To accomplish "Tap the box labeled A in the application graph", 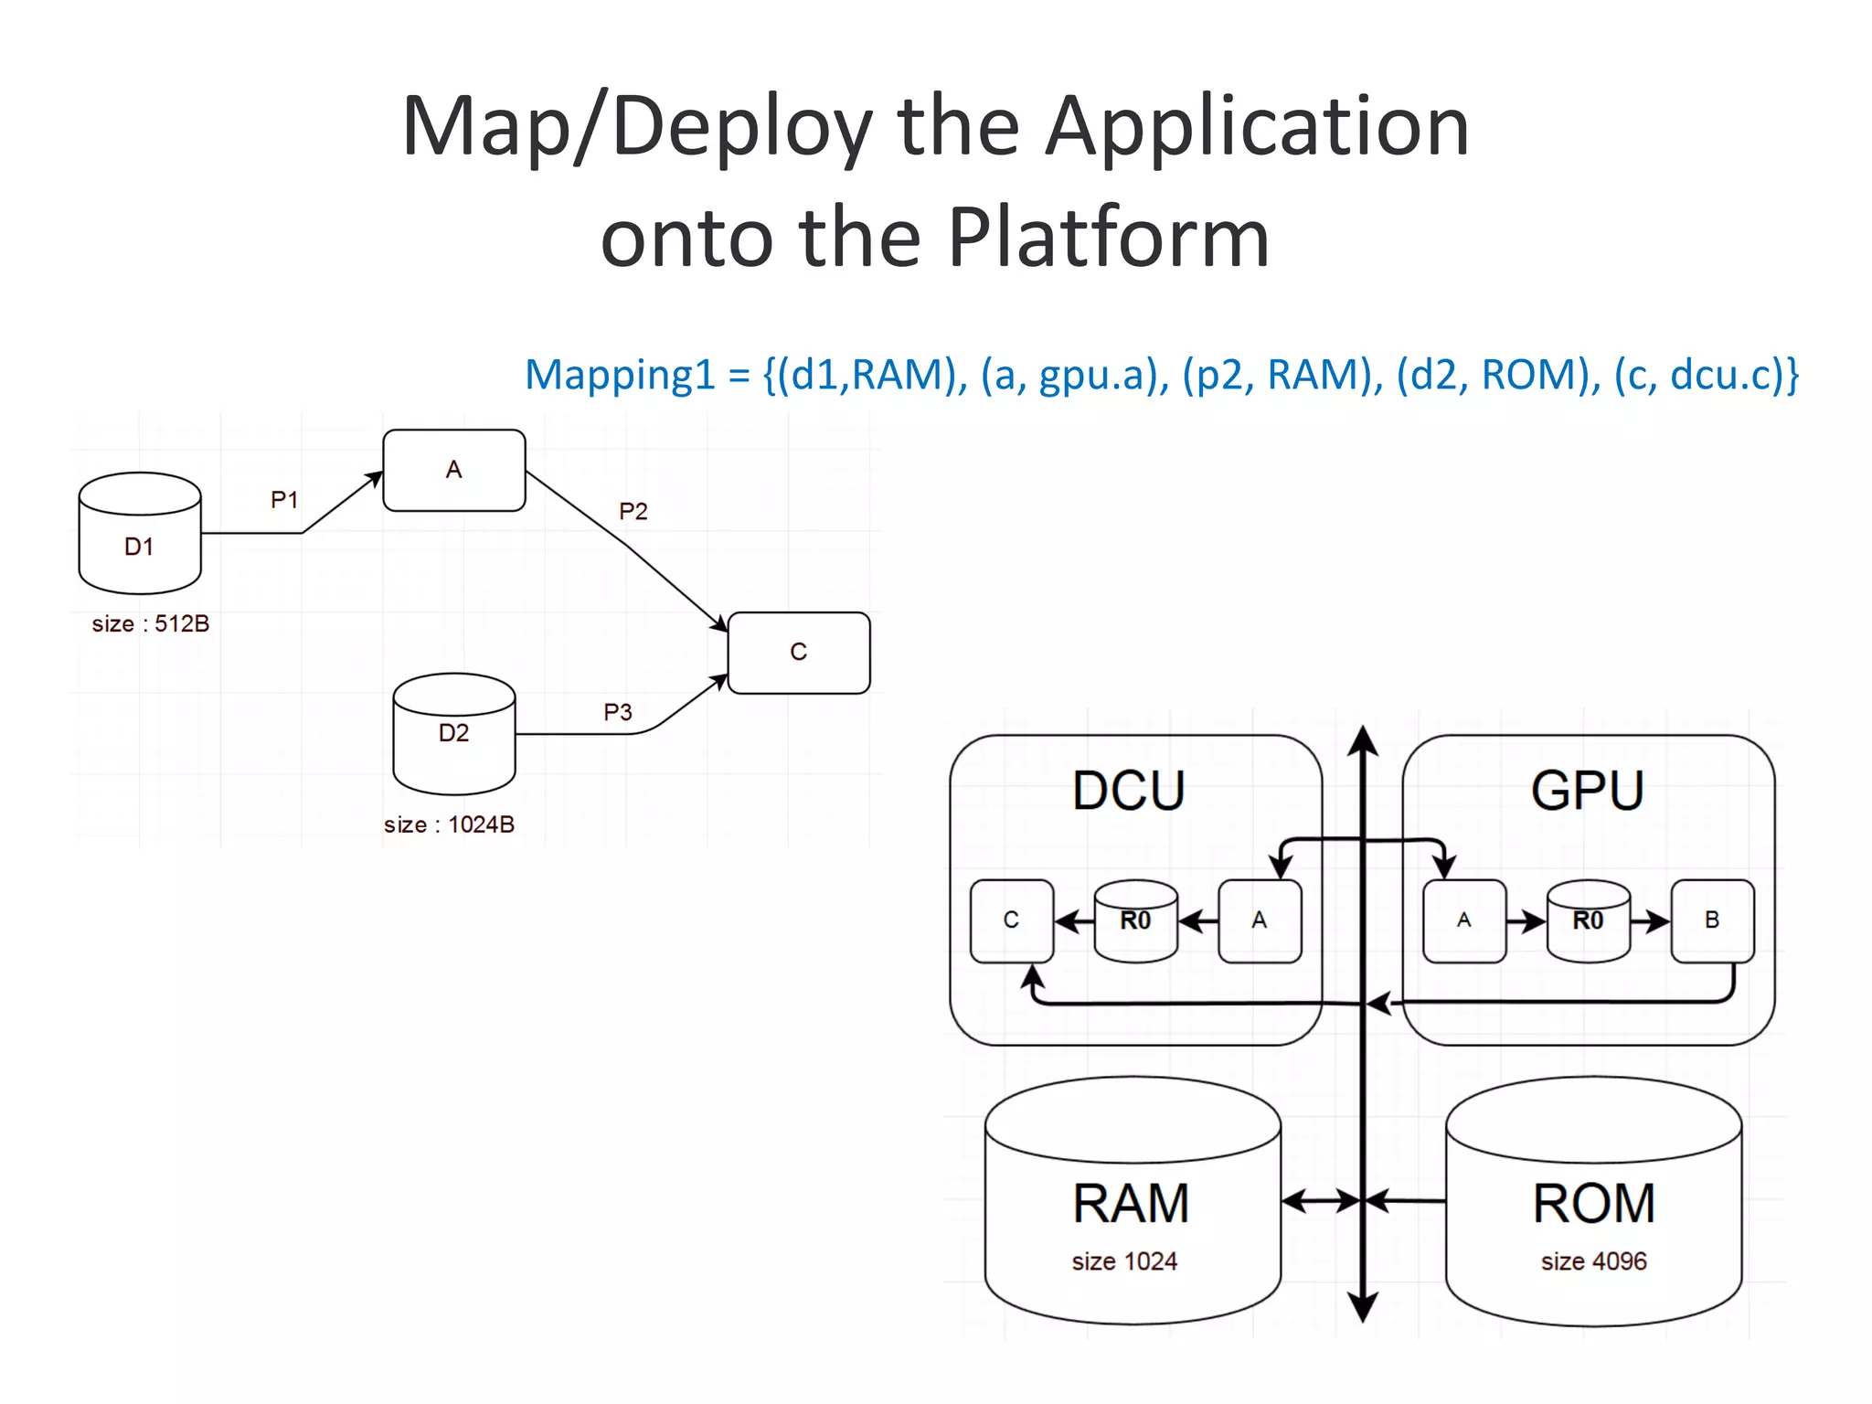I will (x=453, y=470).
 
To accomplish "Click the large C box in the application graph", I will (x=798, y=653).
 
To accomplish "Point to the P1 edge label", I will (x=284, y=500).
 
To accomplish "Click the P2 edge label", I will (x=633, y=511).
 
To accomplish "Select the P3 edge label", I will (x=618, y=712).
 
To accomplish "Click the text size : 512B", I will (x=151, y=624).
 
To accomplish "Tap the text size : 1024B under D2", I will (x=449, y=824).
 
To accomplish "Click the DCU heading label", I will (x=1128, y=791).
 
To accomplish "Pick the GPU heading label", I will (x=1588, y=791).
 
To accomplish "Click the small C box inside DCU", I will (x=1011, y=920).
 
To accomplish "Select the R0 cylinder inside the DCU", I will (x=1135, y=921).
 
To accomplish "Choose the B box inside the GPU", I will (x=1712, y=920).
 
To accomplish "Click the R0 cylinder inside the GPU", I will (x=1588, y=921).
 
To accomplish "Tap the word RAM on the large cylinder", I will (x=1131, y=1203).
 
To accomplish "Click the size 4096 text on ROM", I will (x=1593, y=1261).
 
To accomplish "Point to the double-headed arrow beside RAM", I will (x=1322, y=1201).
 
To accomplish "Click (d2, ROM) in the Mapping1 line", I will (x=1493, y=376).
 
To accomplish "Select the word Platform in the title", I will (x=1108, y=238).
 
